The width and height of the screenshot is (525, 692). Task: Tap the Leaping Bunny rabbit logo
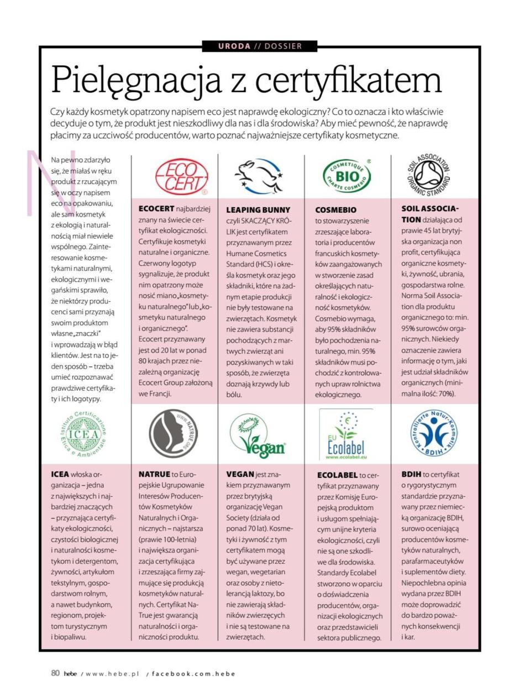[x=258, y=176]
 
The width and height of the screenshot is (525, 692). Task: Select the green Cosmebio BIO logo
[x=347, y=176]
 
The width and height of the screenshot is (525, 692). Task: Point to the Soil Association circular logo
[x=428, y=175]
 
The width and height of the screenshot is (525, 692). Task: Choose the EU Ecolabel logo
[x=347, y=435]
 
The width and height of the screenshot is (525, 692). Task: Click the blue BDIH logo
[x=433, y=433]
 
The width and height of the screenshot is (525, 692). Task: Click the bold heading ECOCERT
[x=156, y=209]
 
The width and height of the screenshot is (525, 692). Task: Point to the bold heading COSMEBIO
[x=335, y=210]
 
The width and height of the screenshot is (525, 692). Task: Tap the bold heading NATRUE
[x=154, y=474]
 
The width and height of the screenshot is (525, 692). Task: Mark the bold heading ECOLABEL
[x=337, y=475]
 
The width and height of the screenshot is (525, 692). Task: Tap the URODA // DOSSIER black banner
[x=260, y=46]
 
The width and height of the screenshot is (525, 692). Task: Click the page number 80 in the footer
[x=55, y=673]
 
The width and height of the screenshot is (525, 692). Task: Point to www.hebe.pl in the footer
[x=113, y=674]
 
